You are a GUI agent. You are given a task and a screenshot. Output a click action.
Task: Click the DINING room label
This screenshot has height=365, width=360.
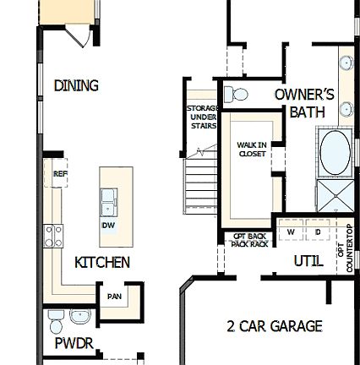76,85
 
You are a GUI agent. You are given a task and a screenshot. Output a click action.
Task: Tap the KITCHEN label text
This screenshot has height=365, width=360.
102,263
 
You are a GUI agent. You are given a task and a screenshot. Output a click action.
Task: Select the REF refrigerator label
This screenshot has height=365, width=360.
59,173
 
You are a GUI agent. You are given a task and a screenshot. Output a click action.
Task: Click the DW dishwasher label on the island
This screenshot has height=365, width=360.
108,226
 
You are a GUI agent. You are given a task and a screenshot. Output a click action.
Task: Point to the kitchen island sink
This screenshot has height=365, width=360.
109,202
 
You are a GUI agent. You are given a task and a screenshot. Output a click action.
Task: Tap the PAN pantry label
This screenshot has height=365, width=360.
114,297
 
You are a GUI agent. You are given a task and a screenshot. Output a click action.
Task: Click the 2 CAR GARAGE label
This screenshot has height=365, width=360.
275,326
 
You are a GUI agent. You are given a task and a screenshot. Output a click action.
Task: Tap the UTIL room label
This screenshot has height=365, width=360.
308,261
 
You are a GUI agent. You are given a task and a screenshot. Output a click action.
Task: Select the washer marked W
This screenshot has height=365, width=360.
291,232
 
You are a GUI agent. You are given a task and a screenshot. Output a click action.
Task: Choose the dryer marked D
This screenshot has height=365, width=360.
318,232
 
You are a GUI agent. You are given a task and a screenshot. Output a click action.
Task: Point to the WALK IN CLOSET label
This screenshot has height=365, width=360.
251,150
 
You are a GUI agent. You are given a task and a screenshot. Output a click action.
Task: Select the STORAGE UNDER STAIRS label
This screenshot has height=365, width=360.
203,117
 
